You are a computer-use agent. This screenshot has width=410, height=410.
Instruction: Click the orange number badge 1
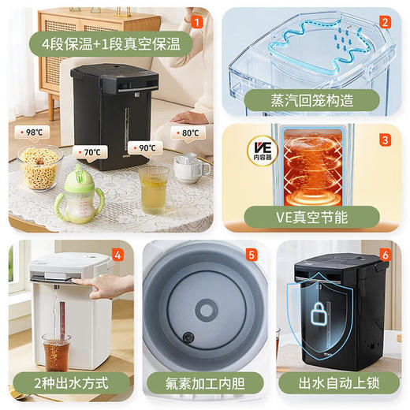point(198,21)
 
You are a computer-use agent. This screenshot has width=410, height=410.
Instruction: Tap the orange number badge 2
point(385,21)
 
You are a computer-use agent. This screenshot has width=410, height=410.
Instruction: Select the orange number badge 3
point(385,140)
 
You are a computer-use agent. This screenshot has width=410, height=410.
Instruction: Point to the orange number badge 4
point(117,255)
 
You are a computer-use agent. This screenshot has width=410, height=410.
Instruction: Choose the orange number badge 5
point(252,255)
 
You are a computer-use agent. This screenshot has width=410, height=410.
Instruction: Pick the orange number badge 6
point(386,255)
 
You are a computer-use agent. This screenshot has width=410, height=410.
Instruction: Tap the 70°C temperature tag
point(88,151)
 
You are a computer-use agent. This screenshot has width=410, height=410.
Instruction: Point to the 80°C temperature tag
point(188,132)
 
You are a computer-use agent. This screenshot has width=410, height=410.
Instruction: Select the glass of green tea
point(152,188)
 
